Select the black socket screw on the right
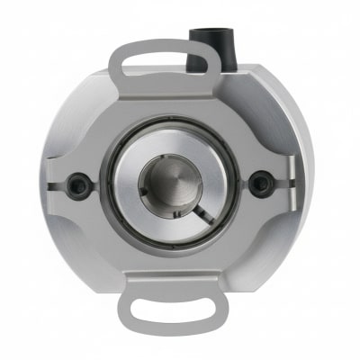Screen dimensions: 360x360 [260, 184]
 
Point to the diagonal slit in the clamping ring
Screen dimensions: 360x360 [205, 211]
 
